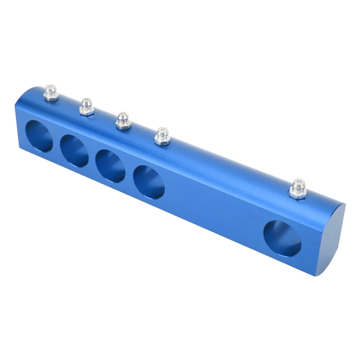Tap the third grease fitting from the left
pos(123,121)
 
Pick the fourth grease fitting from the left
pos(162,136)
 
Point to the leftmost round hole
pos(40,136)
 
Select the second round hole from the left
pos(74,150)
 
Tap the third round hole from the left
pos(111,165)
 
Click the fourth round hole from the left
pos(149,181)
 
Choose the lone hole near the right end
pos(282,238)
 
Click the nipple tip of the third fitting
pos(123,115)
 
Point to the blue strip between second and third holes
pos(92,158)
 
